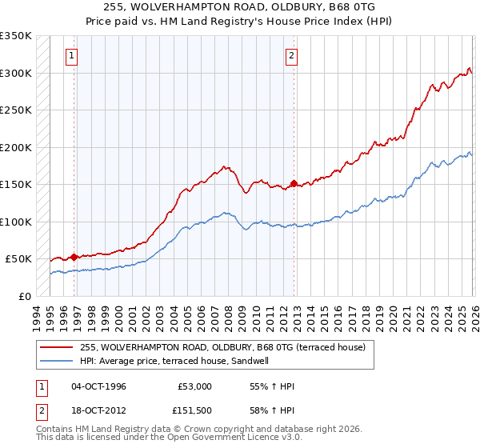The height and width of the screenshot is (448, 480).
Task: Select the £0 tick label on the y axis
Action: [24, 296]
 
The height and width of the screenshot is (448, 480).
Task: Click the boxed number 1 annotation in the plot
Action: [72, 56]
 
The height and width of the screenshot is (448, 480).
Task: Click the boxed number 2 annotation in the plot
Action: [290, 56]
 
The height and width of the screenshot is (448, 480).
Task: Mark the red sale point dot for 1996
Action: [74, 257]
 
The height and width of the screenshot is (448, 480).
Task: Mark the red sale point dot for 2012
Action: [294, 183]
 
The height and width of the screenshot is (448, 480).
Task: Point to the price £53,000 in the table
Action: [194, 386]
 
